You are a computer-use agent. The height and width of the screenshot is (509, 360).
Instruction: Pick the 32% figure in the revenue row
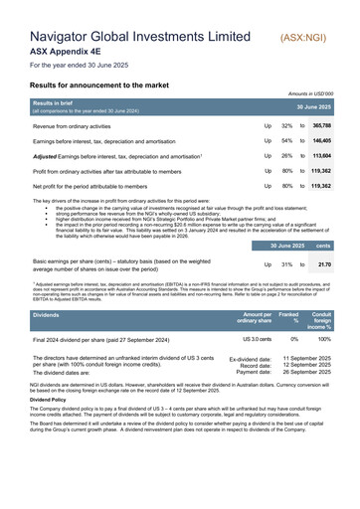[x=286, y=127]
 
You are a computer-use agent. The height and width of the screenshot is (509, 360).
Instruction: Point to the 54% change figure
[x=286, y=142]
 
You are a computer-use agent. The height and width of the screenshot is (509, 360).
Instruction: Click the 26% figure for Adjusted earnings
[x=286, y=156]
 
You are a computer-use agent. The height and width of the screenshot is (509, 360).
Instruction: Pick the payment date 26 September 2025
[x=307, y=373]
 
